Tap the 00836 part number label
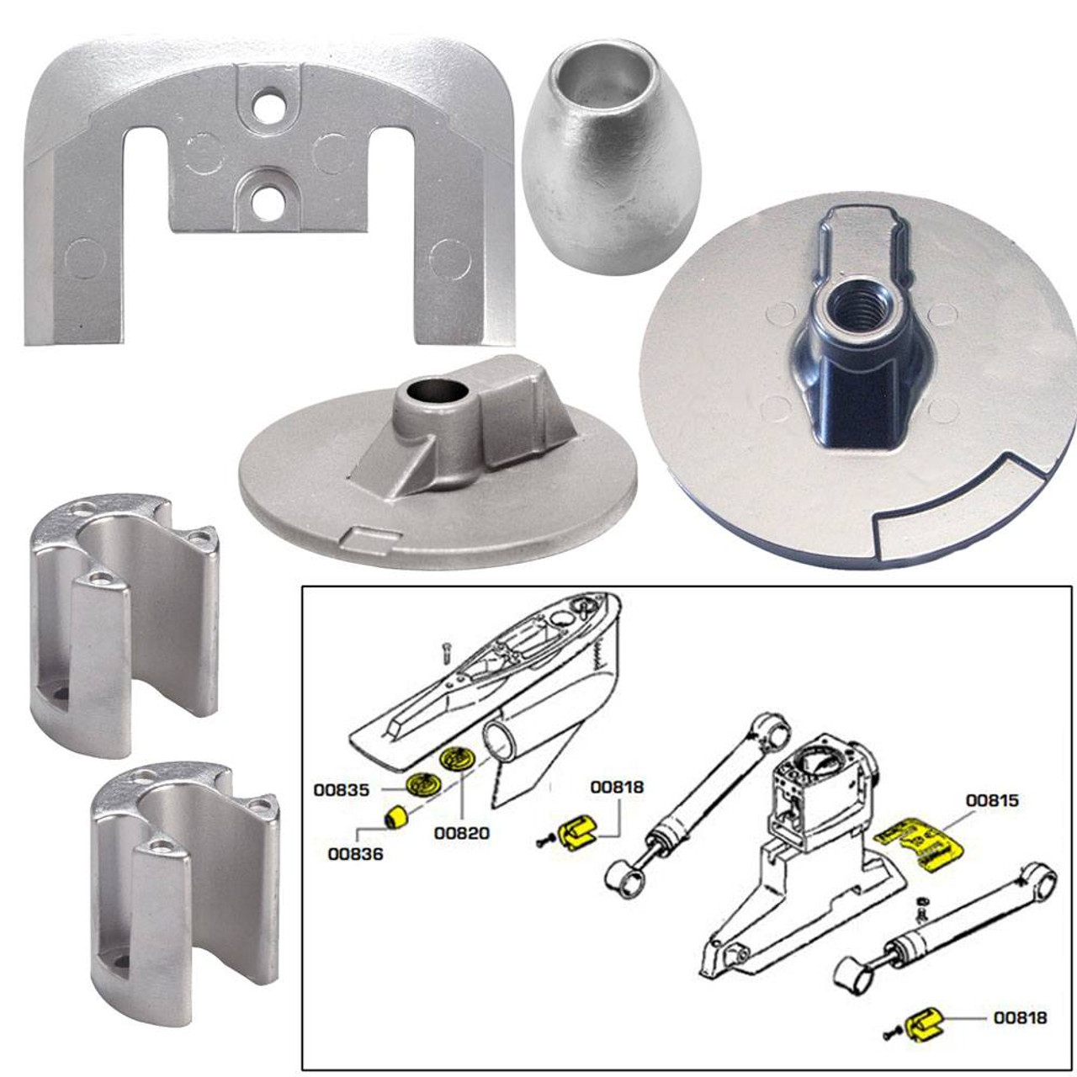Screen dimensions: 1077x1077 point(356,853)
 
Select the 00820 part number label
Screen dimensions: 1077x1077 point(462,833)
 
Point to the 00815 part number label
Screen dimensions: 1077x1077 point(992,800)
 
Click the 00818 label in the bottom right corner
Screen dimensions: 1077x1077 point(1020,1017)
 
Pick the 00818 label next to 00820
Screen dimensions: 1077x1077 point(617,787)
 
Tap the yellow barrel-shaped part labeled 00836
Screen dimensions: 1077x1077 point(395,817)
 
